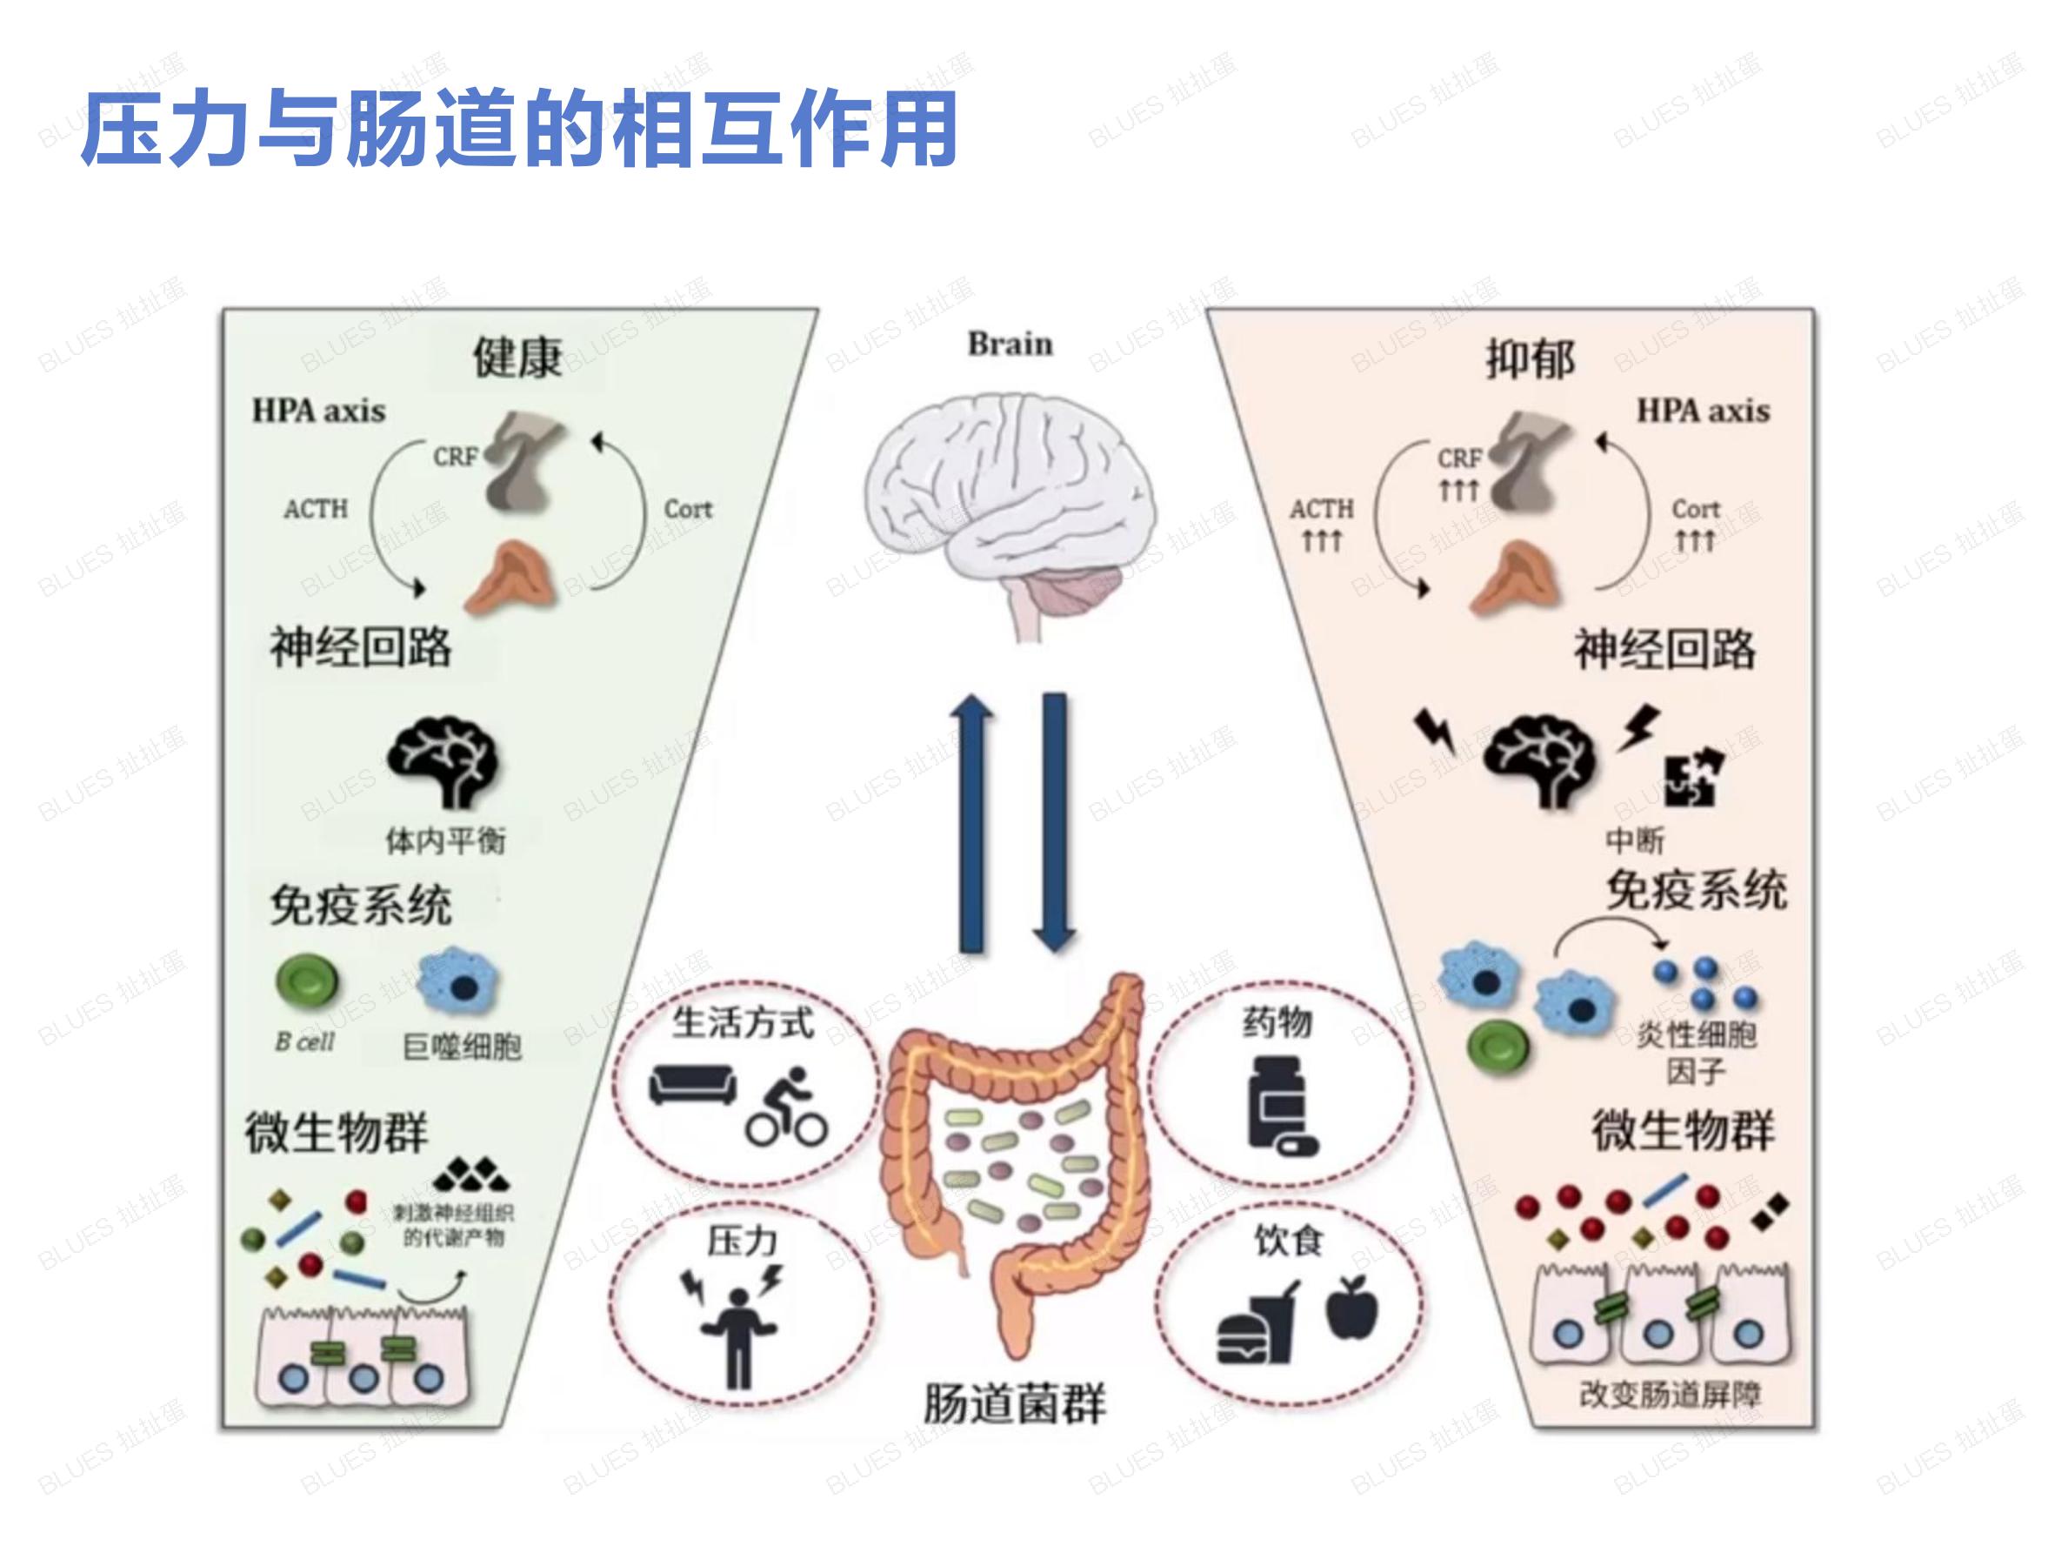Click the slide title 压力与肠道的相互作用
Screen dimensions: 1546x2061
(519, 129)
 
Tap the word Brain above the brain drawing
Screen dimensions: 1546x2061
(1010, 344)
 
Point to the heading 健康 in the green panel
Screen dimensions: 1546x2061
(517, 358)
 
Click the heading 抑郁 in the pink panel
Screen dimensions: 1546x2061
(1530, 359)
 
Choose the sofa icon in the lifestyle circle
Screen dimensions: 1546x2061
(691, 1085)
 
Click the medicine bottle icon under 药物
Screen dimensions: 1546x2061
(1281, 1107)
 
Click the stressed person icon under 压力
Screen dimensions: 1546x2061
(737, 1324)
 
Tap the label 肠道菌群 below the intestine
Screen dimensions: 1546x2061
(1014, 1403)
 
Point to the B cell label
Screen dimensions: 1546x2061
(304, 1042)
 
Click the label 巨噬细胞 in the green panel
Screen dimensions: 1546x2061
(462, 1047)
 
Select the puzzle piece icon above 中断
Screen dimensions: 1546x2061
(1694, 777)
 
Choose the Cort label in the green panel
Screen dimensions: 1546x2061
(688, 509)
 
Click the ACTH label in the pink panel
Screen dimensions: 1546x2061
(1321, 509)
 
